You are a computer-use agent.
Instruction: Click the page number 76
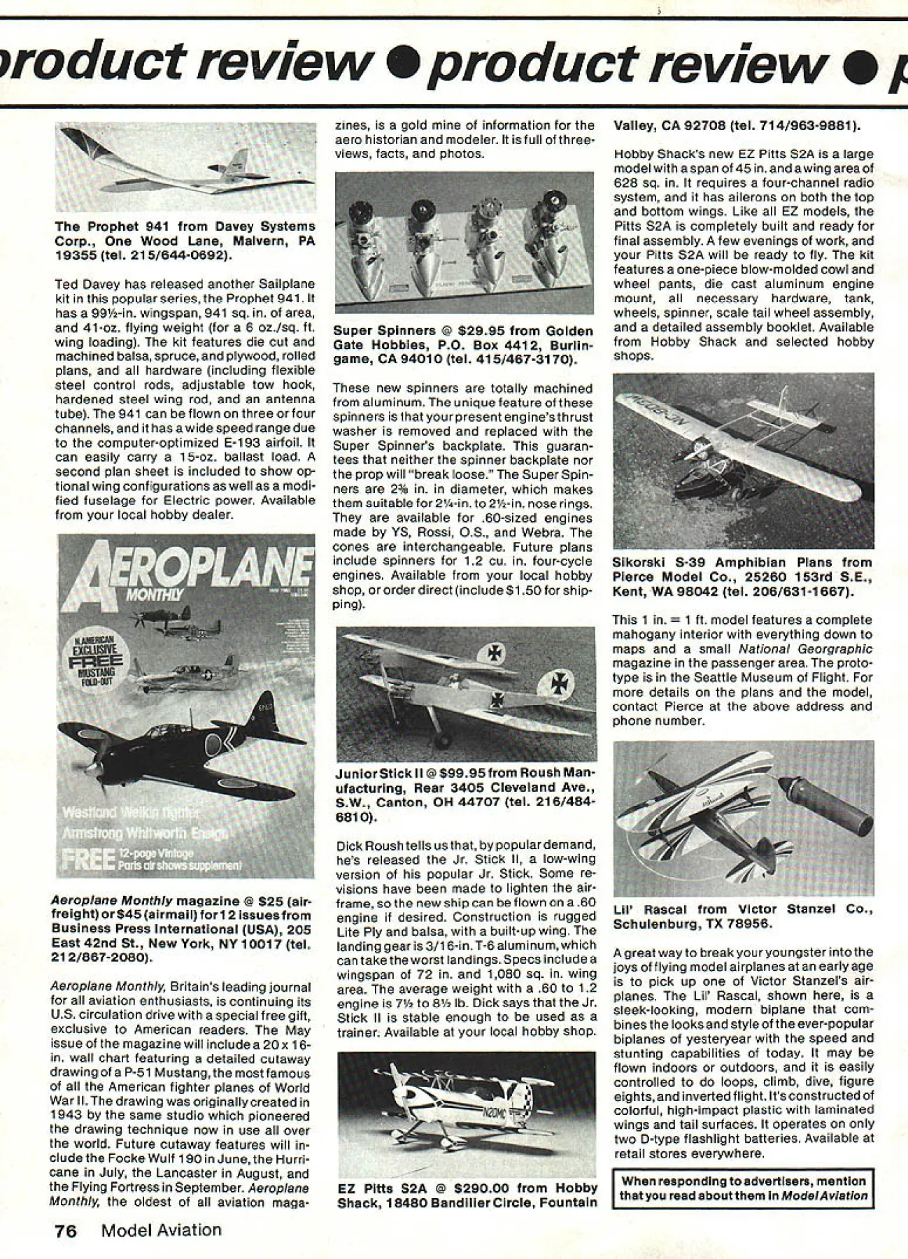click(66, 1230)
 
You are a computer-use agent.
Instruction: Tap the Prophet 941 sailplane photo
click(185, 167)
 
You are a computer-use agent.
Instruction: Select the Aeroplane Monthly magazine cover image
click(185, 706)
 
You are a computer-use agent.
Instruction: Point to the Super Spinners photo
click(464, 242)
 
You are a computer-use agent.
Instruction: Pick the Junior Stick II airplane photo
click(465, 692)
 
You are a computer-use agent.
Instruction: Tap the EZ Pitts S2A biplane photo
click(467, 1114)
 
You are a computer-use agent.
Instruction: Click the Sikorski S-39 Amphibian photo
click(744, 461)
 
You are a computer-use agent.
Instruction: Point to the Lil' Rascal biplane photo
click(744, 818)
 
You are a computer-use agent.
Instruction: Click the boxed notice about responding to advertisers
click(744, 1188)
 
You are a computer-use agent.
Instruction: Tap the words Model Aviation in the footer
click(162, 1230)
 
